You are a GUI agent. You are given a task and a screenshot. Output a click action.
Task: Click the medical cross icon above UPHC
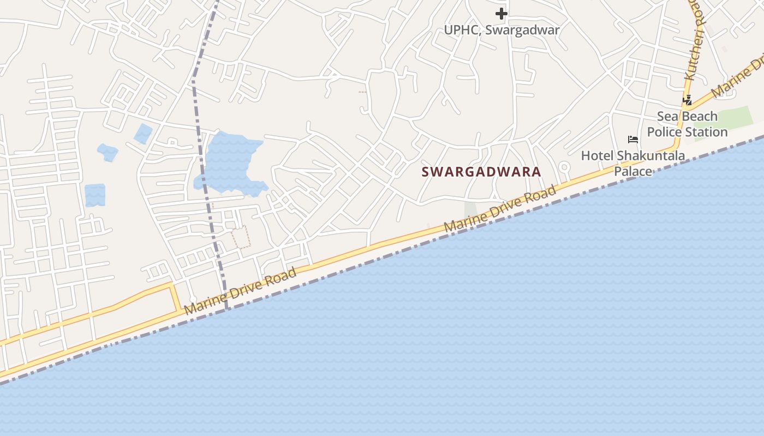click(x=502, y=14)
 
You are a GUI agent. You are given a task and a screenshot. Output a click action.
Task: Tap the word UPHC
click(x=462, y=30)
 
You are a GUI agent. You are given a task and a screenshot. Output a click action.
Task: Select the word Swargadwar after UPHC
click(x=522, y=30)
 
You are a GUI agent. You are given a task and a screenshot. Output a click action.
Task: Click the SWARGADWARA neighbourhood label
click(x=481, y=172)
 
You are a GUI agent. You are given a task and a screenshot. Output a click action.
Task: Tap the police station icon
click(x=688, y=100)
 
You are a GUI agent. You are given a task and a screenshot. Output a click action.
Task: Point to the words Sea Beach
click(x=687, y=116)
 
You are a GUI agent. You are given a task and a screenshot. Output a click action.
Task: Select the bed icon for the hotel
click(x=633, y=140)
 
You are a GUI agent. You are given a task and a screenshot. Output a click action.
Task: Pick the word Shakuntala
click(x=650, y=156)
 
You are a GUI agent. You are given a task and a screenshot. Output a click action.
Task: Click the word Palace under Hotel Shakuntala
click(x=633, y=171)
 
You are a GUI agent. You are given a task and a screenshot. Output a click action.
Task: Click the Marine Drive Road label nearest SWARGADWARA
click(x=500, y=209)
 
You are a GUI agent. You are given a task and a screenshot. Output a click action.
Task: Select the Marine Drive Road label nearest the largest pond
click(x=240, y=291)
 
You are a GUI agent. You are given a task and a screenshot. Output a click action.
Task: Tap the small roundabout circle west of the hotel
click(x=564, y=167)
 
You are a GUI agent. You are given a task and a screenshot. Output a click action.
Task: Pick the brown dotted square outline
click(x=241, y=238)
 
